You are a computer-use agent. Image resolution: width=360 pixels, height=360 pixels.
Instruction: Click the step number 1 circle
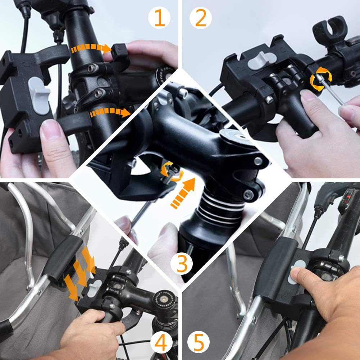tap(159, 18)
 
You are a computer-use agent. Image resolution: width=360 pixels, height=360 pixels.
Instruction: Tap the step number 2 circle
tap(200, 18)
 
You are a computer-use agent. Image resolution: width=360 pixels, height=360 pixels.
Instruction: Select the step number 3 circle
tap(182, 264)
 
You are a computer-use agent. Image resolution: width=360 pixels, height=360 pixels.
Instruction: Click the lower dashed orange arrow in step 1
tap(110, 112)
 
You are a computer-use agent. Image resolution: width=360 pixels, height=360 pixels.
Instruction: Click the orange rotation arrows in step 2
tap(321, 79)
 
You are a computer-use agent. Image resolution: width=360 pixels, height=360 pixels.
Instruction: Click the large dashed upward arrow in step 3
tap(183, 193)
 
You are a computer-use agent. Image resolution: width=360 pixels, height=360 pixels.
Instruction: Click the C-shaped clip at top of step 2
tap(330, 29)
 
